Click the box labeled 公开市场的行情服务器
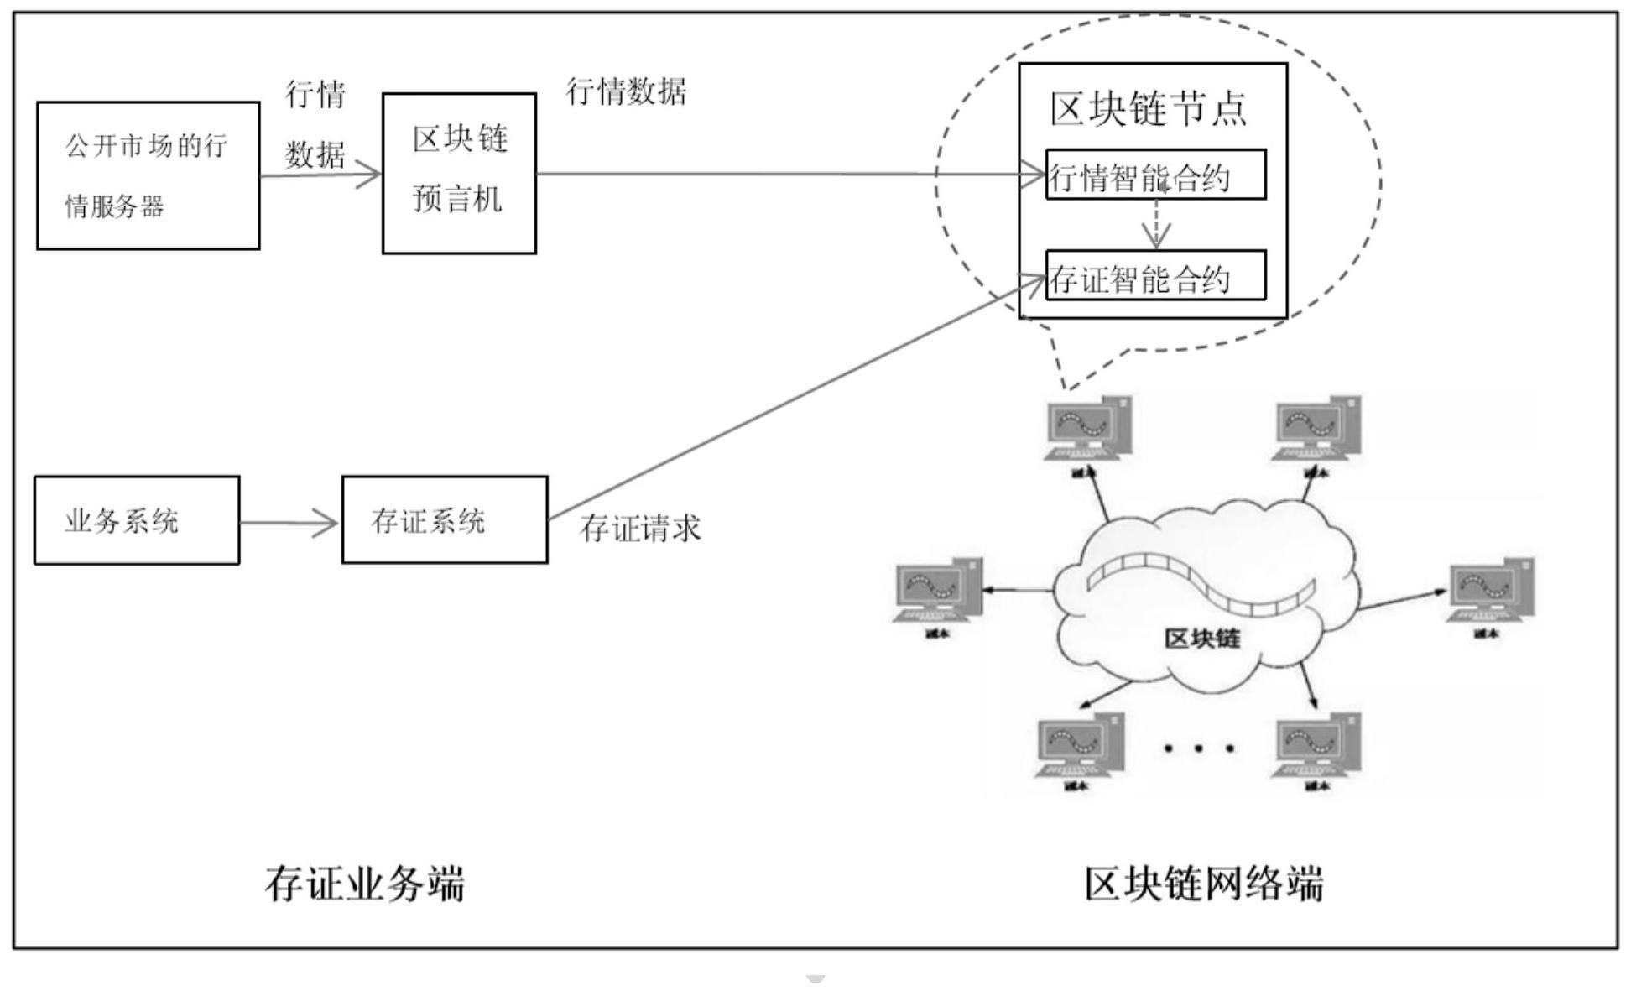pyautogui.click(x=148, y=175)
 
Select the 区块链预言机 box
pyautogui.click(x=459, y=173)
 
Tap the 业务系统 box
pyautogui.click(x=136, y=520)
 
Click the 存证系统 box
pyautogui.click(x=444, y=520)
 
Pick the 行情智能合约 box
pyautogui.click(x=1154, y=175)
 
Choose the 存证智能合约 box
pyautogui.click(x=1154, y=276)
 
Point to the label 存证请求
pyautogui.click(x=640, y=528)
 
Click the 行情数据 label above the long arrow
pyautogui.click(x=626, y=91)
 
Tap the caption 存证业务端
pyautogui.click(x=364, y=884)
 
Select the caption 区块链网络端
pyautogui.click(x=1203, y=884)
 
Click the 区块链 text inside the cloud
pyautogui.click(x=1201, y=639)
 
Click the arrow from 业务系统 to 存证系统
pyautogui.click(x=289, y=524)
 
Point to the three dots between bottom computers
pyautogui.click(x=1198, y=747)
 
